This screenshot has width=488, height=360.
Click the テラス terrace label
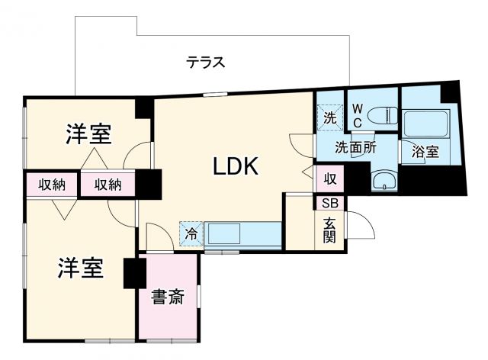click(206, 63)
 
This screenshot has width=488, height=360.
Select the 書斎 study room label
click(166, 297)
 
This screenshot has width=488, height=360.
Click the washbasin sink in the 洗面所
click(384, 181)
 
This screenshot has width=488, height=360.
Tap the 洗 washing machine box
click(329, 117)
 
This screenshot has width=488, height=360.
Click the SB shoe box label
click(329, 203)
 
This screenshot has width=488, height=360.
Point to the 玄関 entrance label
click(329, 230)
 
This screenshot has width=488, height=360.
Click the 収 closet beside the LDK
click(329, 180)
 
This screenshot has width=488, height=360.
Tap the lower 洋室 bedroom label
click(80, 268)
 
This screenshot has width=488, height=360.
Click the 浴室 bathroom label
click(425, 152)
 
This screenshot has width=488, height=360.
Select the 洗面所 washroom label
click(356, 148)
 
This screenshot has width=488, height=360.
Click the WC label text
click(357, 115)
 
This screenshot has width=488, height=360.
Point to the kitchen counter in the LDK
click(242, 233)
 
